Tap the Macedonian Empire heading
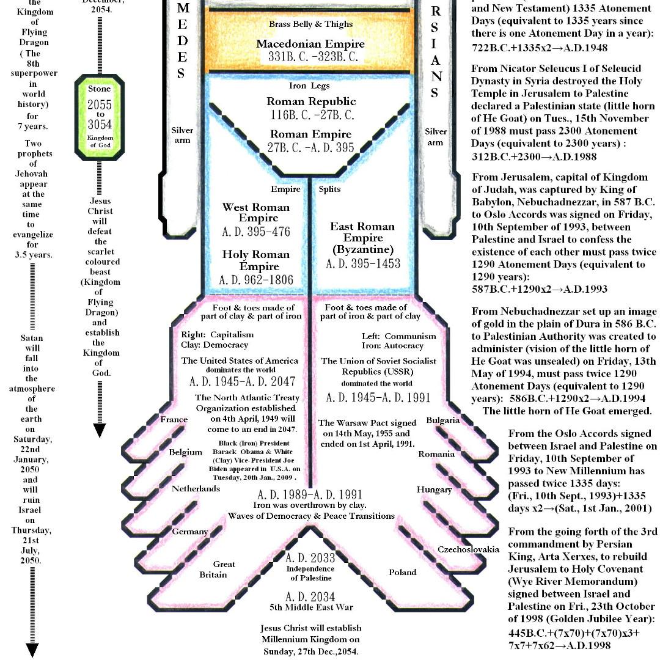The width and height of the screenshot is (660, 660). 310,44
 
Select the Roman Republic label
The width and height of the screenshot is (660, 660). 311,101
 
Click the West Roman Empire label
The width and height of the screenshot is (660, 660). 255,213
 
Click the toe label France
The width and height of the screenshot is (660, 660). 174,420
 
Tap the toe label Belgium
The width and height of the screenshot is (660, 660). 185,452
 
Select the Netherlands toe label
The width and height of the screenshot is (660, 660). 196,489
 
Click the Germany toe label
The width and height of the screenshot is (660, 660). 189,532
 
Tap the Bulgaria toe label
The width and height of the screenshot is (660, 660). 443,420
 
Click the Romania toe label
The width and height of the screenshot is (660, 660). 436,454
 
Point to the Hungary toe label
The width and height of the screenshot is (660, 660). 434,490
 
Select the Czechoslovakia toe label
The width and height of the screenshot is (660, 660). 468,549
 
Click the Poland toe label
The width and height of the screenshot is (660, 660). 403,573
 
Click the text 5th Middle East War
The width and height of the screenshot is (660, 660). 311,607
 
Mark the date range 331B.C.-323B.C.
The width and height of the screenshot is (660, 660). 310,57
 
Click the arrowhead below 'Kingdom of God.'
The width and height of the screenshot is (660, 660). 100,431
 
